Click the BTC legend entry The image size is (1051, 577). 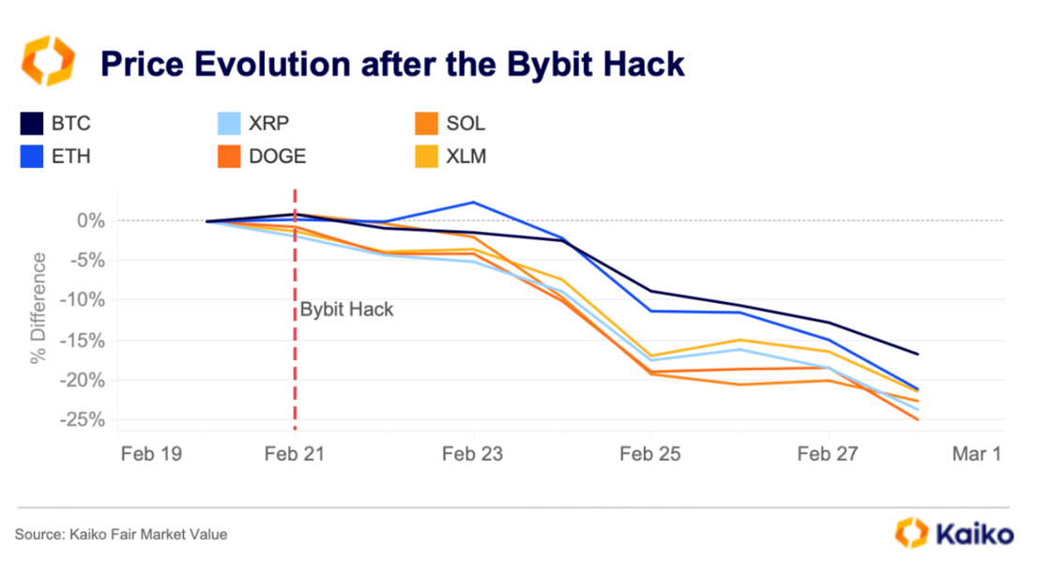56,123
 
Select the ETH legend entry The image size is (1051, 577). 56,157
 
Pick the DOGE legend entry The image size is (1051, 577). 264,157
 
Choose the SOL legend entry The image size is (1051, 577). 449,123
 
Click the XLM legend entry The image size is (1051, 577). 449,157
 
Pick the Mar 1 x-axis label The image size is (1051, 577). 976,454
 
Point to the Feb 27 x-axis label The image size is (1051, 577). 827,454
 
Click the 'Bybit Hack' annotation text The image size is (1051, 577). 346,310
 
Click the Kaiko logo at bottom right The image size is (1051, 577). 954,533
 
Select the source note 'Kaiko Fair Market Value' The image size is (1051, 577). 148,535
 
